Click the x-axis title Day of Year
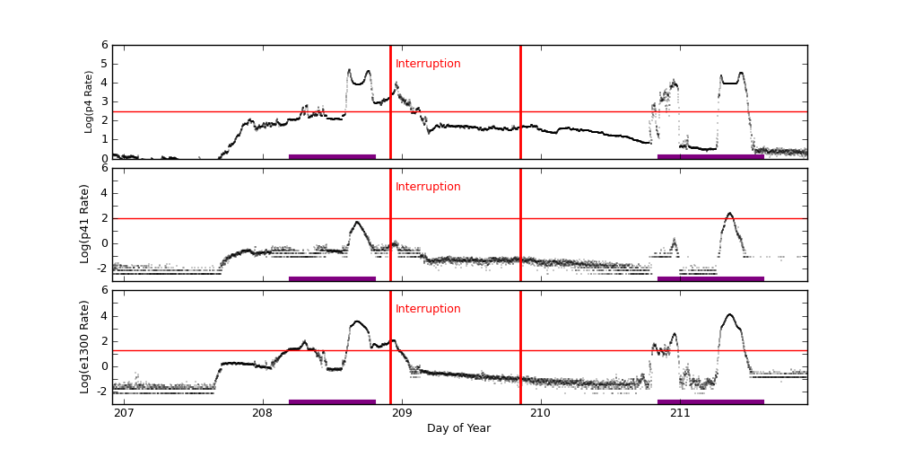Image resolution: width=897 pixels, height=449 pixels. (458, 428)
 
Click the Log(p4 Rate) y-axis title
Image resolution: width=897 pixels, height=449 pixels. (89, 101)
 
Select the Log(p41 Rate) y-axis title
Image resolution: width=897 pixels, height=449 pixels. (85, 224)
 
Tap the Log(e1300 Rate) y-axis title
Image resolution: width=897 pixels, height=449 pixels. (85, 347)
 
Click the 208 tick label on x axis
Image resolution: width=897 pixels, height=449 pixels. (263, 413)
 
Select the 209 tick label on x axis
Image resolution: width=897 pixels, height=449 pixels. (402, 413)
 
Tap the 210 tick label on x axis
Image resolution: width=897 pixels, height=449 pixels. (541, 413)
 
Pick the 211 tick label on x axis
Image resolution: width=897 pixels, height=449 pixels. (680, 413)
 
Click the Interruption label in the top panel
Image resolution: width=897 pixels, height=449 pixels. (428, 64)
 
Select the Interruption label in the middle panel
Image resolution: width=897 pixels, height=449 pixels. (428, 187)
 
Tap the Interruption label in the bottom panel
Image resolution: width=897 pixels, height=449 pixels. (428, 309)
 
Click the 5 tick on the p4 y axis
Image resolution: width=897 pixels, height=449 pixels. (104, 64)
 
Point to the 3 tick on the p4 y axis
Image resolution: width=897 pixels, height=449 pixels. (104, 101)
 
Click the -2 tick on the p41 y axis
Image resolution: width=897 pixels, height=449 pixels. (101, 268)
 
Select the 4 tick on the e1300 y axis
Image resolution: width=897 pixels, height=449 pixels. (104, 315)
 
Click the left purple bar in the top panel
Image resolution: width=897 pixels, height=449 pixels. (332, 156)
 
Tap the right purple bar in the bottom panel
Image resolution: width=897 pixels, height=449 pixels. (710, 401)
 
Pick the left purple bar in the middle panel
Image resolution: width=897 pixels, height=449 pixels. (332, 278)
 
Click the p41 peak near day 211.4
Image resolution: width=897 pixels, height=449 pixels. (729, 214)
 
